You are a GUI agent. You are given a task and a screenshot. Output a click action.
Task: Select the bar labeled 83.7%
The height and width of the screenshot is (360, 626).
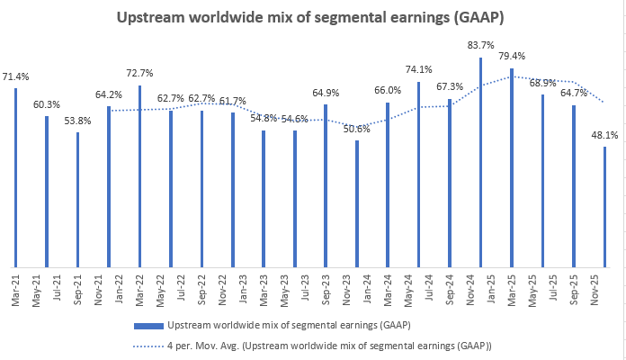point(480,162)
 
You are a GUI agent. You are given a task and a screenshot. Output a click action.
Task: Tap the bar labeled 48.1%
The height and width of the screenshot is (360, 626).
point(604,206)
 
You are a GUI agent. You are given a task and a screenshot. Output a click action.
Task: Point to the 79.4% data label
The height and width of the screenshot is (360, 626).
point(511,58)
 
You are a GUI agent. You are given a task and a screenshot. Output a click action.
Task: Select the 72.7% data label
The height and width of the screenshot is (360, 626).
point(139,73)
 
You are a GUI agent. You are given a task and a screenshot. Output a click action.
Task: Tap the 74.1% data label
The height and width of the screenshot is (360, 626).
point(418,70)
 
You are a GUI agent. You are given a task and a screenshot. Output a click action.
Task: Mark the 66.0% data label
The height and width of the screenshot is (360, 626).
point(388,91)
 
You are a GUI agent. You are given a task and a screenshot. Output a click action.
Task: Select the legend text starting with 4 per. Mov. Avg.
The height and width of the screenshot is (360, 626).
point(329,345)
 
